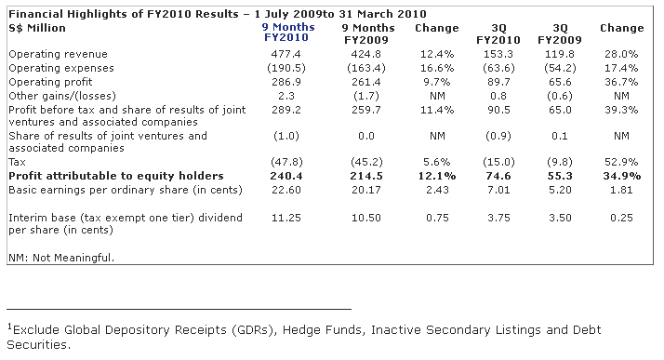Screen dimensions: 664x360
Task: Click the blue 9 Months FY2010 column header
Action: [x=288, y=33]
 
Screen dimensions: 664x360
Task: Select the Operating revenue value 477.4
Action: [x=286, y=54]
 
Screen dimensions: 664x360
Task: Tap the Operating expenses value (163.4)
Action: [x=366, y=68]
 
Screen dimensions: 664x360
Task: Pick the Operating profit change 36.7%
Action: [x=621, y=82]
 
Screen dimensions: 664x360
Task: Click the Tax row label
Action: [x=17, y=162]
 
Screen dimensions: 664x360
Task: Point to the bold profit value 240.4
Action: [x=286, y=176]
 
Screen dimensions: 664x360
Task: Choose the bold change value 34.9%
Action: [x=621, y=176]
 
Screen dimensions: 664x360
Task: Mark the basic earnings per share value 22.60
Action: [x=286, y=190]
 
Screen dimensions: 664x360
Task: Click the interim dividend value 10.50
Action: [x=366, y=218]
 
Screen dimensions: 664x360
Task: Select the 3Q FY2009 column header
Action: [x=560, y=33]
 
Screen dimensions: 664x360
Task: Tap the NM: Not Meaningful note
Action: [x=61, y=258]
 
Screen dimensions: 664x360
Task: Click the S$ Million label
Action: [x=37, y=29]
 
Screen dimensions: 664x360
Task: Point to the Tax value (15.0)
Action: [x=498, y=162]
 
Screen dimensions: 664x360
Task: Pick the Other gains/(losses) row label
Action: [x=62, y=96]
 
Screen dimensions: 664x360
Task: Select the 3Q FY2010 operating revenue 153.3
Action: [x=498, y=54]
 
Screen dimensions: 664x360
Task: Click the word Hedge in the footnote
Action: [x=299, y=330]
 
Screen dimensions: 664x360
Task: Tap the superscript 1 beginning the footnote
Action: [x=9, y=327]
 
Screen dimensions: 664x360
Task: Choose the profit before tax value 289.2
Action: [x=286, y=110]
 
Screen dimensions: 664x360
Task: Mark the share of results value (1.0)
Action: [x=286, y=137]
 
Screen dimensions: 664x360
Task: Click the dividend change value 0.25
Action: [x=621, y=218]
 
